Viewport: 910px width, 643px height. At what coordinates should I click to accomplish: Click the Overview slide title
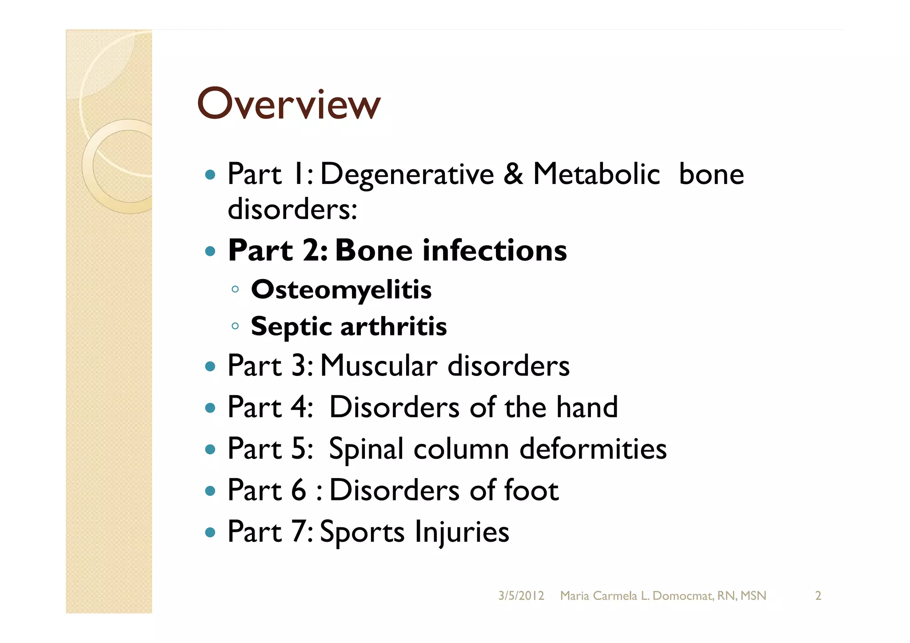click(289, 104)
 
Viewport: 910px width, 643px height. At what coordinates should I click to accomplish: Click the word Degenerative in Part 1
click(407, 174)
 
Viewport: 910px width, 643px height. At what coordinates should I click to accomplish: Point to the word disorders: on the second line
click(292, 209)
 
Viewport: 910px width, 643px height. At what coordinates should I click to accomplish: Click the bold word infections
click(495, 250)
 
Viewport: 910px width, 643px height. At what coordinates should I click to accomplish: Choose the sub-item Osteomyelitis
click(341, 290)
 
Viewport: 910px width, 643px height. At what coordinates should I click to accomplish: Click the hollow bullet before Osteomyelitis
click(235, 290)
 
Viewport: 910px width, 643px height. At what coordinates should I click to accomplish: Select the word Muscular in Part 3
click(379, 366)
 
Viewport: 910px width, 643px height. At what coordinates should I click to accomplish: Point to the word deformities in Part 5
click(593, 448)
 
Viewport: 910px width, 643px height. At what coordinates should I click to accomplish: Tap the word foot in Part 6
click(531, 490)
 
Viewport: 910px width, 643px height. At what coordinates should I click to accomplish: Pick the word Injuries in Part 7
click(462, 532)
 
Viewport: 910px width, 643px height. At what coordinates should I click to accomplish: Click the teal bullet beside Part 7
click(210, 532)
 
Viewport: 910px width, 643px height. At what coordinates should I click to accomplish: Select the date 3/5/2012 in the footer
click(521, 596)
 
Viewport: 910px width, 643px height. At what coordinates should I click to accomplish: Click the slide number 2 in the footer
click(818, 596)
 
